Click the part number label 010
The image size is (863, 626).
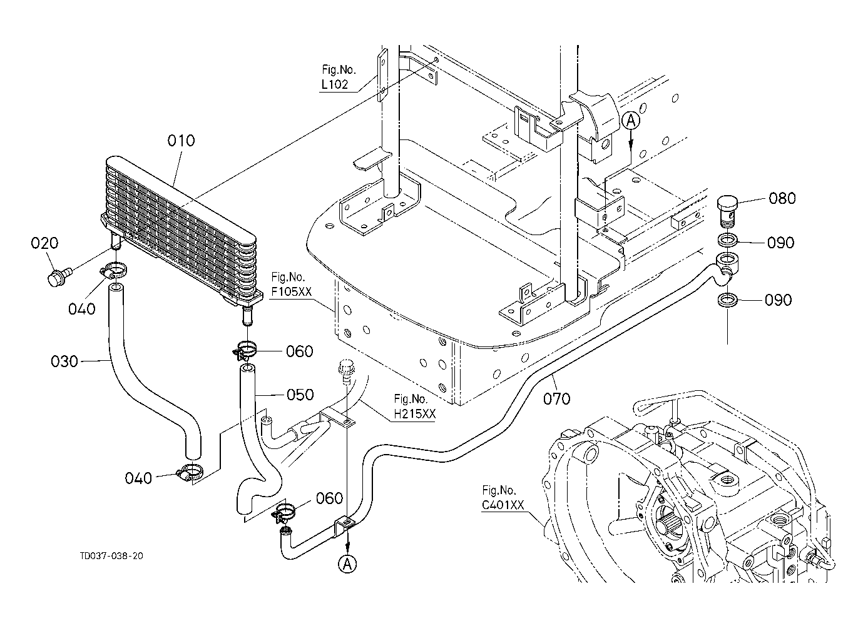pyautogui.click(x=181, y=141)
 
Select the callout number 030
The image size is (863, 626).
pyautogui.click(x=64, y=361)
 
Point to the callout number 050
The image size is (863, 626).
pyautogui.click(x=300, y=395)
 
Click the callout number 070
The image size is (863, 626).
pyautogui.click(x=557, y=399)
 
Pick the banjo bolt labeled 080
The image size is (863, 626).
pyautogui.click(x=727, y=213)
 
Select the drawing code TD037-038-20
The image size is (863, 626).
pyautogui.click(x=111, y=556)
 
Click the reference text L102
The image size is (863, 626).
pyautogui.click(x=334, y=84)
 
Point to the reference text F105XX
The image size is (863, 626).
pyautogui.click(x=291, y=291)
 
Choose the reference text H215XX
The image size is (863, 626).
pyautogui.click(x=414, y=413)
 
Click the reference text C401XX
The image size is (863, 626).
pyautogui.click(x=503, y=505)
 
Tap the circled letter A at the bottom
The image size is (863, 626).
pyautogui.click(x=347, y=564)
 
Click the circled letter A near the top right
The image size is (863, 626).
pyautogui.click(x=631, y=121)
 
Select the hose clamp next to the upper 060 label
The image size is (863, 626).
pyautogui.click(x=244, y=350)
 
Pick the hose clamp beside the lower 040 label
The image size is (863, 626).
pyautogui.click(x=190, y=472)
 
